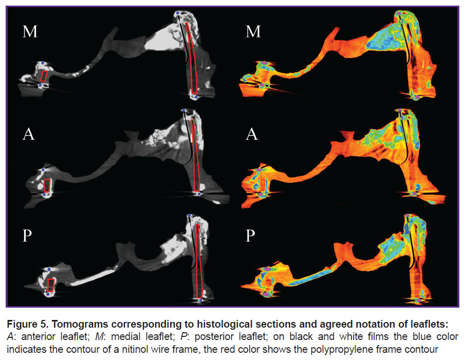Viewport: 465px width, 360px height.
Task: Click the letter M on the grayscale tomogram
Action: pyautogui.click(x=30, y=31)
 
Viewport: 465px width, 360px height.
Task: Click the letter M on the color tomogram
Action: pyautogui.click(x=253, y=31)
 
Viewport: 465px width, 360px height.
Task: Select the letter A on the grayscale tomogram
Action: pyautogui.click(x=28, y=134)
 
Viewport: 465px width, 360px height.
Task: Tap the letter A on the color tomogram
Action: pyautogui.click(x=251, y=134)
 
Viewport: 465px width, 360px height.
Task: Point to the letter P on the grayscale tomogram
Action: pyautogui.click(x=27, y=236)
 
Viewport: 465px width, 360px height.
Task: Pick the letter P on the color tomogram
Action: pyautogui.click(x=250, y=236)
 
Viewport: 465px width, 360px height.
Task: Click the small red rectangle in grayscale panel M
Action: pyautogui.click(x=44, y=76)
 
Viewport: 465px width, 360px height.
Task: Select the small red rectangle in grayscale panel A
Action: pyautogui.click(x=47, y=185)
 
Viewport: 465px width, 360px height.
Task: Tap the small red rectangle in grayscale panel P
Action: pyautogui.click(x=51, y=285)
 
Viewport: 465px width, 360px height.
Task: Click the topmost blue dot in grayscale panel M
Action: pyautogui.click(x=177, y=13)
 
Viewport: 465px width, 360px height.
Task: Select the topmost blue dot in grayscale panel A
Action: pyautogui.click(x=184, y=110)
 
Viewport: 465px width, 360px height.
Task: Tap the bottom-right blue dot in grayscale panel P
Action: pyautogui.click(x=201, y=300)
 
